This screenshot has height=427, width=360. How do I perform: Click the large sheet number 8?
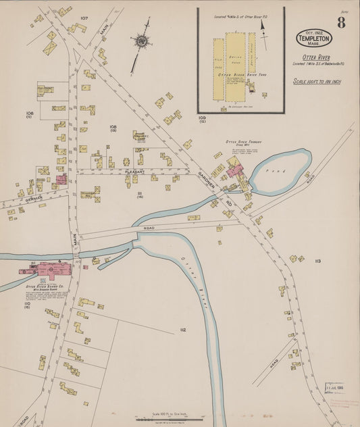click(341, 23)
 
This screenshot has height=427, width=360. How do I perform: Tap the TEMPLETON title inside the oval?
click(314, 38)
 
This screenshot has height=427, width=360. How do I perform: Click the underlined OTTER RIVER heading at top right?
click(315, 57)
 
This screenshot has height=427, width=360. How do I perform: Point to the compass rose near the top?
click(141, 41)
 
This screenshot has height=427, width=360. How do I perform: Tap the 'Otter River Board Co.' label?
click(45, 287)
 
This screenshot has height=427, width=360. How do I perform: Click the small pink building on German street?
click(61, 180)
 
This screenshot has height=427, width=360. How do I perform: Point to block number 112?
click(182, 330)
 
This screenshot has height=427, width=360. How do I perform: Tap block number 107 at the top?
click(84, 18)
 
